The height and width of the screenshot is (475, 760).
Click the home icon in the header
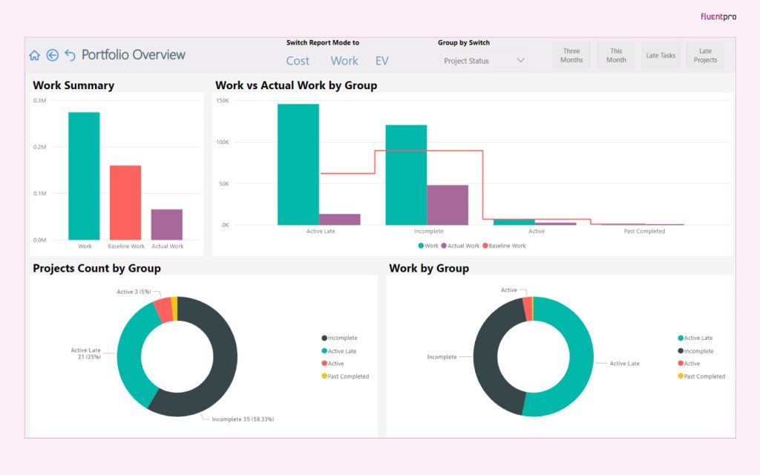[x=34, y=55]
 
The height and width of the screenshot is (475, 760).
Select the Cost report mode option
[x=298, y=61]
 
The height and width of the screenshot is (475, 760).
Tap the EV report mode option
[x=381, y=61]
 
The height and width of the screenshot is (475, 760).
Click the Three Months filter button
[x=571, y=56]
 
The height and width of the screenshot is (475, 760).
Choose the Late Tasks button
[x=661, y=56]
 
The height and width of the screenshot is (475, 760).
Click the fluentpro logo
[x=718, y=16]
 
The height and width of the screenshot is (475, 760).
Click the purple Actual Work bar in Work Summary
[x=167, y=224]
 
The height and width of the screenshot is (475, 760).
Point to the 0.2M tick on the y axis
[x=40, y=147]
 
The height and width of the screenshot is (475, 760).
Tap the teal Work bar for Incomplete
[x=406, y=174]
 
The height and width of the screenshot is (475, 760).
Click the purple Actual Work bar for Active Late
[x=340, y=219]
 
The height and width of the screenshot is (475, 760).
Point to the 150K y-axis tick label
[x=223, y=100]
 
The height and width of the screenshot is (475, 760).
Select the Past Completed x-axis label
[x=644, y=231]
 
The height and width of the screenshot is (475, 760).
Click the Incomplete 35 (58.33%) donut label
[x=243, y=419]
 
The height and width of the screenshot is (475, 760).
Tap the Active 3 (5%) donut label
[x=134, y=292]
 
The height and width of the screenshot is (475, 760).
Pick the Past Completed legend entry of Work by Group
[x=704, y=376]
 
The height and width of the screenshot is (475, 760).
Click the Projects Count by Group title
[x=96, y=268]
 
